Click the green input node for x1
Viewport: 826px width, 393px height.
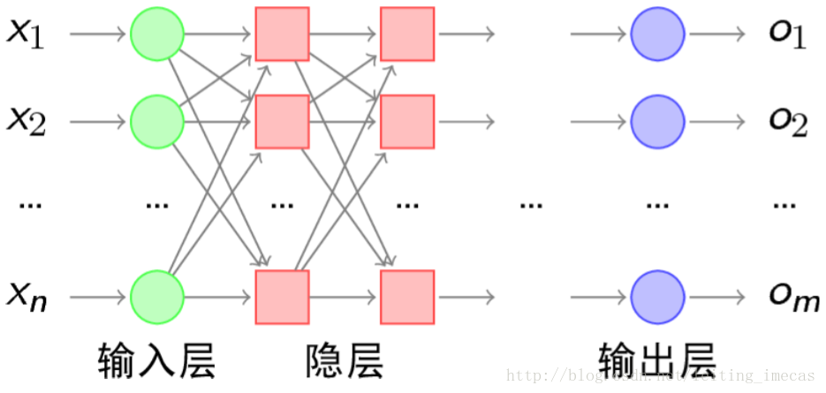click(x=157, y=34)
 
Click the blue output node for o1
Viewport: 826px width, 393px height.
click(x=657, y=34)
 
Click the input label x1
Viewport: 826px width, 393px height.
click(x=26, y=34)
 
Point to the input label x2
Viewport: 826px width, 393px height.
click(x=26, y=120)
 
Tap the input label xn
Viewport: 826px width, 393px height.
click(x=26, y=296)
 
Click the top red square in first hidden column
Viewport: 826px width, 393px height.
click(x=282, y=34)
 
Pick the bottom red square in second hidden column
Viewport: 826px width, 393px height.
click(x=407, y=296)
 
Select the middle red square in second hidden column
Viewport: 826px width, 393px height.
click(x=407, y=121)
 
